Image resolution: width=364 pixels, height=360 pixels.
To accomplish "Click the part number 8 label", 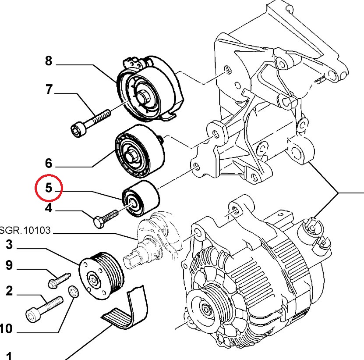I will pos(48,61).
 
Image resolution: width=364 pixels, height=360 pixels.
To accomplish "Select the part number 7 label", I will pos(48,90).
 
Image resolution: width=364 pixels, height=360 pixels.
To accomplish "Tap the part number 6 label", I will pos(48,164).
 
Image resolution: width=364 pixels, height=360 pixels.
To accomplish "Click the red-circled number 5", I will pos(49,189).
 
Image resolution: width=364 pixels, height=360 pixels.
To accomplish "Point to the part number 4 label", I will pos(48,208).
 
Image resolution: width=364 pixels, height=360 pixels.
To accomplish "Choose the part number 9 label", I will pos(9,265).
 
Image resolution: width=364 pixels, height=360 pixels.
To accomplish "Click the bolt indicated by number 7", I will pos(90,121).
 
